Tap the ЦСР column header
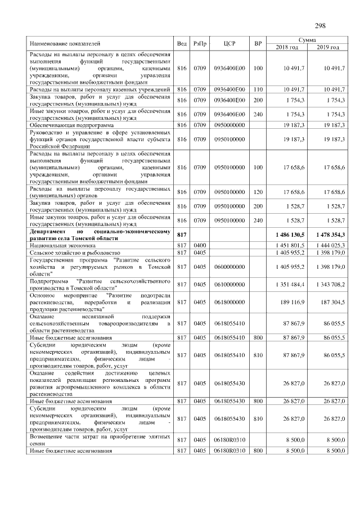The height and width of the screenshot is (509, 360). pyautogui.click(x=229, y=43)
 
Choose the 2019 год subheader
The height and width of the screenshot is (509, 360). pyautogui.click(x=327, y=47)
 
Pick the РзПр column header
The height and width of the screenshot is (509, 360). pyautogui.click(x=199, y=43)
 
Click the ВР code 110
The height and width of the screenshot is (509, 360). pyautogui.click(x=258, y=89)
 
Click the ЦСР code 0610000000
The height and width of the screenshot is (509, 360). pyautogui.click(x=229, y=285)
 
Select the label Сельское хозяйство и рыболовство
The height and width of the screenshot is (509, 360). pyautogui.click(x=75, y=253)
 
